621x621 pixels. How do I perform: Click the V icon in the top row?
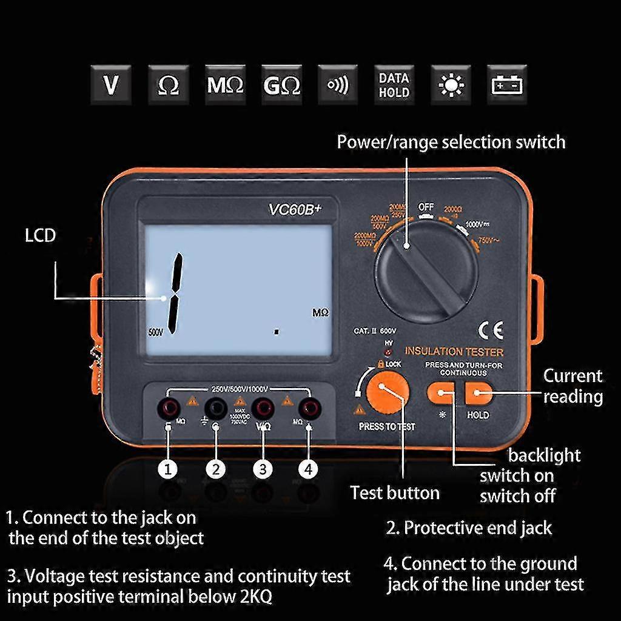[x=111, y=85]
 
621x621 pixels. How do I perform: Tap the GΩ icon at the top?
[x=282, y=85]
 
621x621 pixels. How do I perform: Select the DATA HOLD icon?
[x=394, y=85]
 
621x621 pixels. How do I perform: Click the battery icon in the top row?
[x=507, y=85]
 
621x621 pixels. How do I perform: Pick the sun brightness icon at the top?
[x=451, y=85]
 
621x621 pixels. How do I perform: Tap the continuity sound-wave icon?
[x=338, y=85]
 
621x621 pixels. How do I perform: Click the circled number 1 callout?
[x=168, y=469]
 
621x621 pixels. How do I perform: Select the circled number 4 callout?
[x=309, y=469]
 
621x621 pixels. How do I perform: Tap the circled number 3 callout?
[x=262, y=469]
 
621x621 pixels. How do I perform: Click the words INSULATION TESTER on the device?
[x=454, y=352]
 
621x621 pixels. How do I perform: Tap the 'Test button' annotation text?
[x=395, y=492]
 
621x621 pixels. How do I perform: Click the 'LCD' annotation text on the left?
[x=40, y=235]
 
